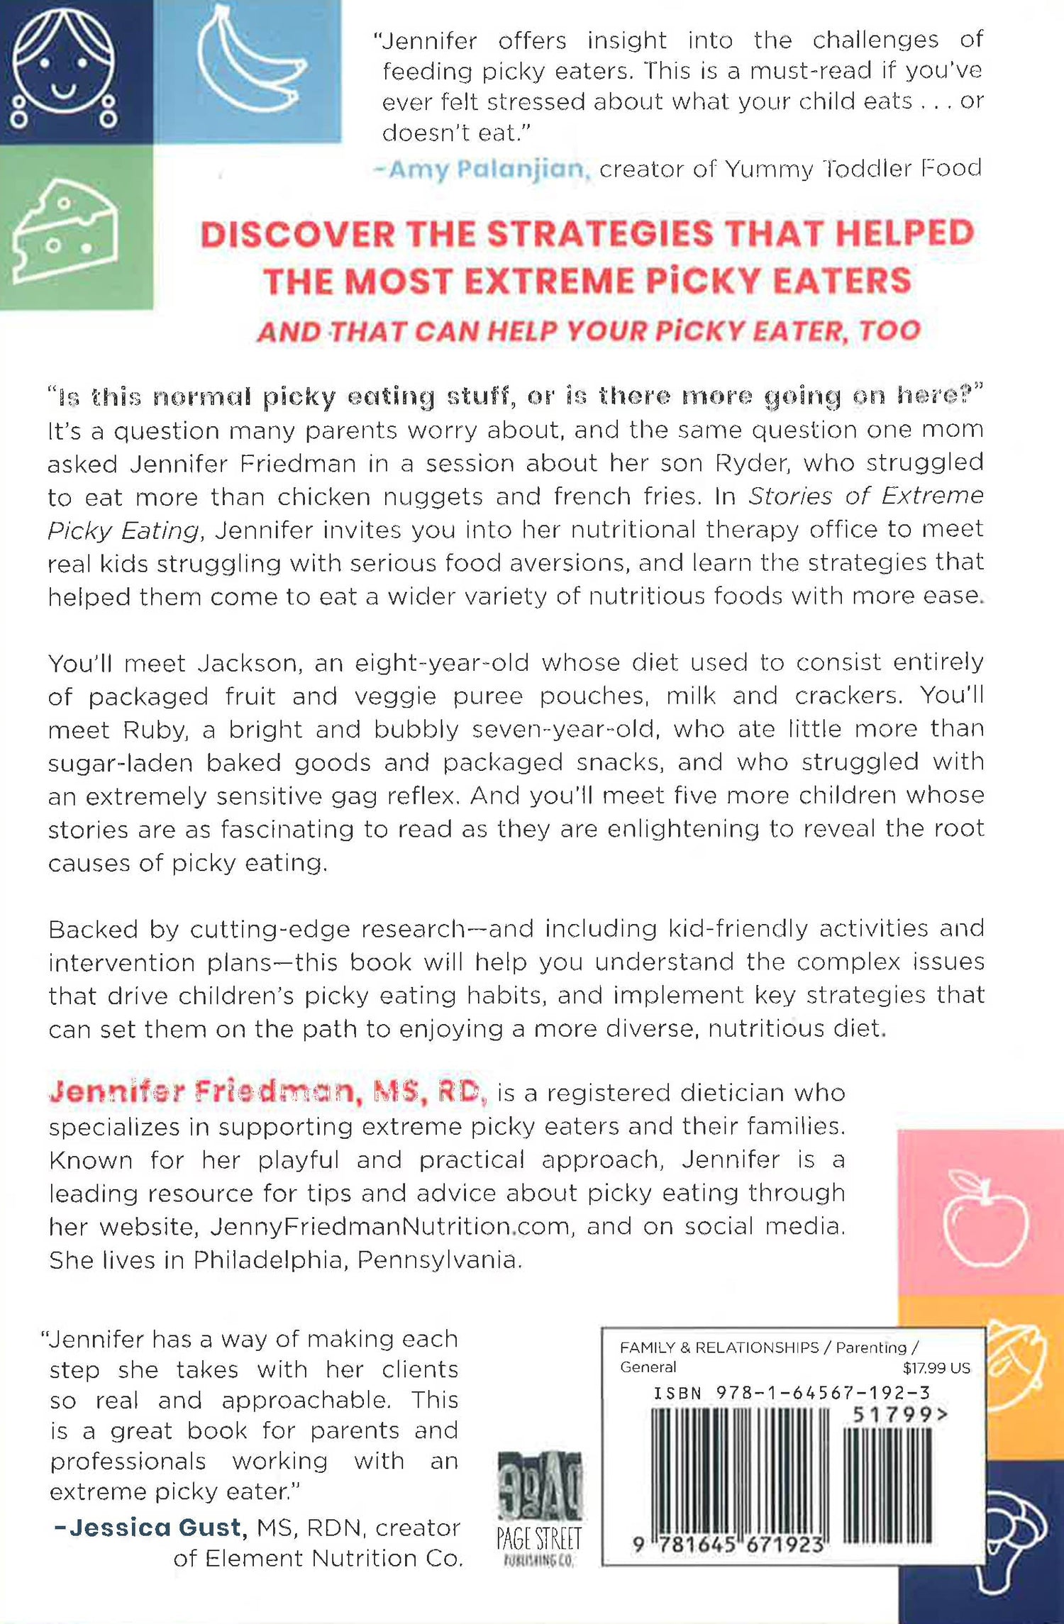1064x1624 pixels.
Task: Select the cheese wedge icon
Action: [x=65, y=230]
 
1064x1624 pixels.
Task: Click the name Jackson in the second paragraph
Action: [x=246, y=663]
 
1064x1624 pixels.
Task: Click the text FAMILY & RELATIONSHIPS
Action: [x=719, y=1347]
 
